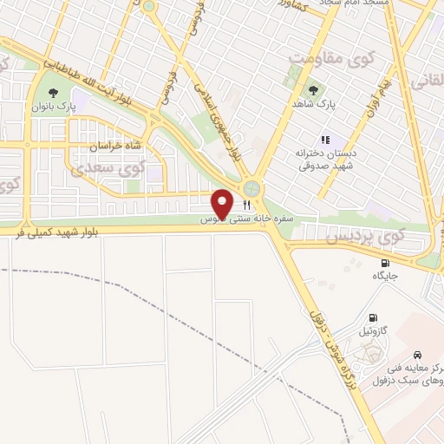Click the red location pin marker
pos(223,203)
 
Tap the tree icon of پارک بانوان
pos(54,91)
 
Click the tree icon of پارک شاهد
pos(312,91)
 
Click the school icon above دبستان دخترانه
pos(325,139)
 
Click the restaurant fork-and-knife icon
pos(247,205)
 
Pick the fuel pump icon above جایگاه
pos(385,263)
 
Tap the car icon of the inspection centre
pos(418,355)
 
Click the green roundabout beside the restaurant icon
pos(251,187)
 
